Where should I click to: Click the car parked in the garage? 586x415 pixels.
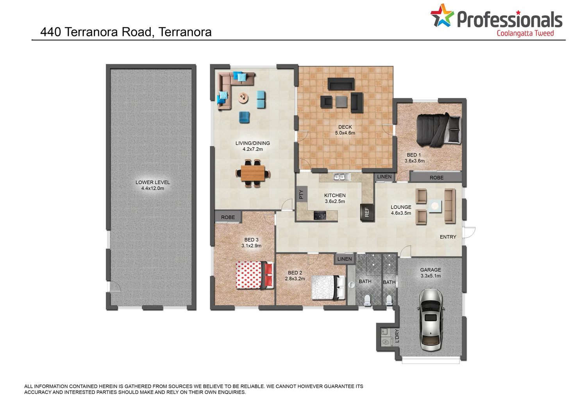click(x=431, y=320)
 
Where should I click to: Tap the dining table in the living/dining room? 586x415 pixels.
click(x=253, y=173)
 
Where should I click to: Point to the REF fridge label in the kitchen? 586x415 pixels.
click(x=366, y=212)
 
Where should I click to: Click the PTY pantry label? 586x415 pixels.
click(x=301, y=194)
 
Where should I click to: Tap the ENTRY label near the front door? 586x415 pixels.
click(x=448, y=237)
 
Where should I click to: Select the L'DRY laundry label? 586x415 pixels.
click(x=397, y=336)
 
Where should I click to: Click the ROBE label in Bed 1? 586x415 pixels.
click(x=436, y=178)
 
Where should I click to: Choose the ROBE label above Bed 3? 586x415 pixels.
click(x=228, y=217)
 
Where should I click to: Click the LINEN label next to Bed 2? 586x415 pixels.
click(x=344, y=259)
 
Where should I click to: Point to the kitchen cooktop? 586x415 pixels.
click(x=320, y=215)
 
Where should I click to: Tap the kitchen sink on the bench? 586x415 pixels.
click(x=342, y=177)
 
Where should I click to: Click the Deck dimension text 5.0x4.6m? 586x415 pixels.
click(x=345, y=133)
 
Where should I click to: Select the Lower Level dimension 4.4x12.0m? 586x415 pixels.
click(x=152, y=189)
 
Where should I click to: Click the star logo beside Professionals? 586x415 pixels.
click(x=442, y=16)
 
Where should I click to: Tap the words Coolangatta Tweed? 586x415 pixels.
click(x=525, y=33)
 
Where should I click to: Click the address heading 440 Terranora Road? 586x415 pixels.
click(x=126, y=32)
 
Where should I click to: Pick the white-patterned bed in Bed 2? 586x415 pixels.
click(x=328, y=287)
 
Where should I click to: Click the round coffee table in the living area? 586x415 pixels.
click(x=243, y=98)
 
